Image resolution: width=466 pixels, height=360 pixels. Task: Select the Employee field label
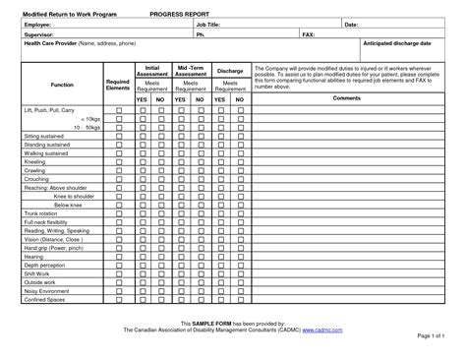(x=39, y=25)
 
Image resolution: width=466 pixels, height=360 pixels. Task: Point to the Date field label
(x=350, y=25)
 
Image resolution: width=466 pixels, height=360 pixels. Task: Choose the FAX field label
(x=309, y=33)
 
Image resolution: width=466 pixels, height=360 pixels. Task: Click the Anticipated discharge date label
(x=397, y=44)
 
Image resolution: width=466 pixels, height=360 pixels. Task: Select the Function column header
(x=62, y=86)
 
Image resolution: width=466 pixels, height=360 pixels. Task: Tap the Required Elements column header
(x=118, y=86)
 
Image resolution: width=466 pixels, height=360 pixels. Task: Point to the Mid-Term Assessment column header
(x=190, y=71)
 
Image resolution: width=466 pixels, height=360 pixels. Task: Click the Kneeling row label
(x=35, y=161)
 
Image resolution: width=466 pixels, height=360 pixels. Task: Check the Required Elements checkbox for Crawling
(x=119, y=170)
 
